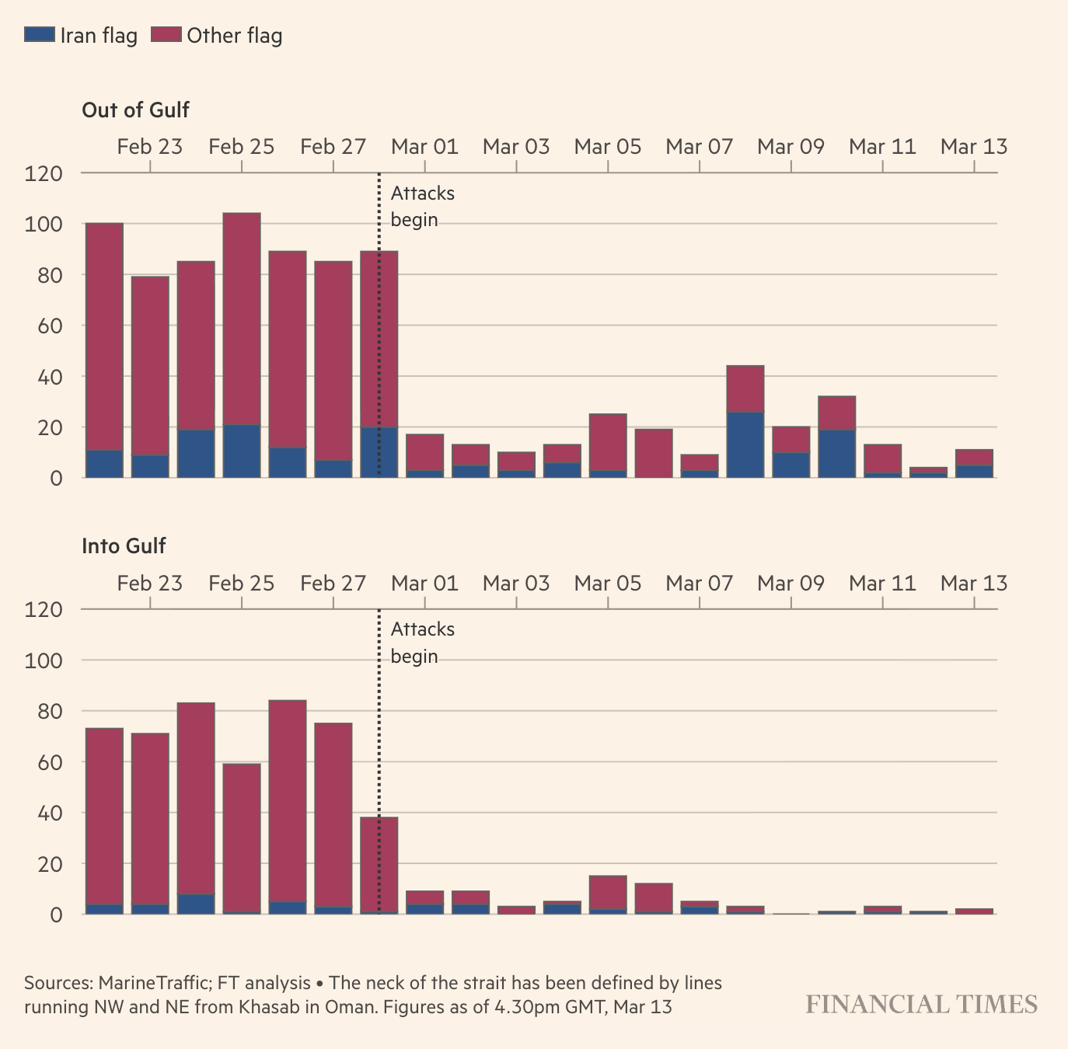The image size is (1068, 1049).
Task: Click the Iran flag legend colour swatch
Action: tap(40, 35)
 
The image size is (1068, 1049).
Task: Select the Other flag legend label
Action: tap(234, 36)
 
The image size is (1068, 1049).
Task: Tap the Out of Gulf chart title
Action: tap(135, 110)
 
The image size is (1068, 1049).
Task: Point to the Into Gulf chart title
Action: tap(124, 546)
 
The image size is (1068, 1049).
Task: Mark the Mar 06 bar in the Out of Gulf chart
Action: tap(654, 454)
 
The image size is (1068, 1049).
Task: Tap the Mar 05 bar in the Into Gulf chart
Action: tap(608, 892)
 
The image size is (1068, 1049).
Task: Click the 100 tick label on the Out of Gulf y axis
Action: tap(44, 225)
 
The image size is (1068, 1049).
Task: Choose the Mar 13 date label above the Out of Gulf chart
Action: tap(973, 147)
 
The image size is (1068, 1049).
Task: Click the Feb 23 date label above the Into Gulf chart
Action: tap(150, 584)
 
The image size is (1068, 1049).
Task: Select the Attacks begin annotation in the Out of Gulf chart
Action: tap(422, 207)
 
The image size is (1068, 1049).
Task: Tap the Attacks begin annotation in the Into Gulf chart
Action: tap(422, 643)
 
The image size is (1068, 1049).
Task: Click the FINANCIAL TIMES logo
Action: tap(921, 1004)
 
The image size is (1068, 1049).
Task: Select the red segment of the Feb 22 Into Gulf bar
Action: tap(104, 816)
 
